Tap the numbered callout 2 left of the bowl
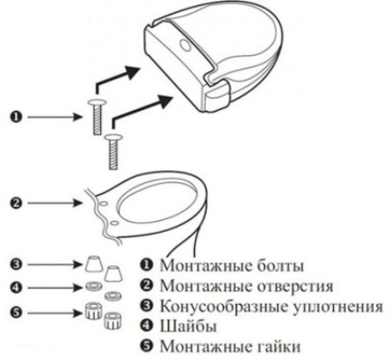tap(15, 203)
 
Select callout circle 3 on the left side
tap(16, 265)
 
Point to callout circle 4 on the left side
tap(16, 290)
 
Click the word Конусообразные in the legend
tap(224, 306)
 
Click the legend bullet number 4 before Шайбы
tap(146, 326)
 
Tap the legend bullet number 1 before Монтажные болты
tap(146, 266)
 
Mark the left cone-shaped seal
tap(92, 264)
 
